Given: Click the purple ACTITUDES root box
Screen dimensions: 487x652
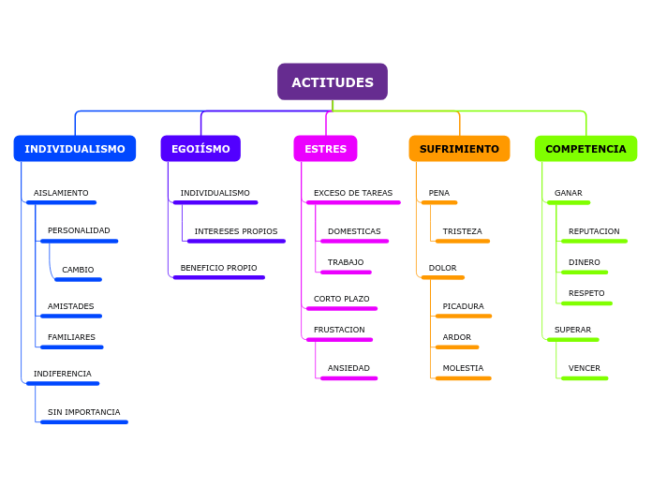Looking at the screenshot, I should (x=332, y=82).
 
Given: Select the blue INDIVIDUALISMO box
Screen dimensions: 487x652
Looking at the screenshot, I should (x=75, y=149).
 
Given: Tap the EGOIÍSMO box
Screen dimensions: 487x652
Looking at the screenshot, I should (x=200, y=149).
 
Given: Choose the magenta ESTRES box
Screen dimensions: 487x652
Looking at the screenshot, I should (x=325, y=149).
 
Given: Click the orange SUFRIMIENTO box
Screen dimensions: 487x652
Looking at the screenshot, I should (x=459, y=149).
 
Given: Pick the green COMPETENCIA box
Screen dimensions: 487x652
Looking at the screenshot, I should (x=585, y=149).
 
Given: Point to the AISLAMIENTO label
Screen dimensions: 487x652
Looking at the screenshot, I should (x=61, y=193).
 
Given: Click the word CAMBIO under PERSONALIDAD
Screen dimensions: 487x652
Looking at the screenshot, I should (x=78, y=270).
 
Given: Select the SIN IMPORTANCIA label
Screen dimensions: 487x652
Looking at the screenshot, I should (x=84, y=412).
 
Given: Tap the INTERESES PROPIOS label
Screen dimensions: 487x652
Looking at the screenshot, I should (x=236, y=231).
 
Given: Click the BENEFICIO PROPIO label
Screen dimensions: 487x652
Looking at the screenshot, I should (x=218, y=268).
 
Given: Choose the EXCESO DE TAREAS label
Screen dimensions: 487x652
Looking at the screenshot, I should (x=353, y=193).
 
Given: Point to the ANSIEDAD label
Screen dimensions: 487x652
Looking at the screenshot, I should (x=348, y=368).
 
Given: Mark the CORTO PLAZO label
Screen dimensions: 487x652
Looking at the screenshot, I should (x=341, y=299).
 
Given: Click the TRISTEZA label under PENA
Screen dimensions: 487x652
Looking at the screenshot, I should (x=462, y=231).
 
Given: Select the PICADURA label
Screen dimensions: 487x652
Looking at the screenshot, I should (x=463, y=306).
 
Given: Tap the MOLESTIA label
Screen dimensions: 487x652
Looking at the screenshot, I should (x=463, y=368).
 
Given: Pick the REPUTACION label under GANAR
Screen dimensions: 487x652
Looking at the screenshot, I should (x=594, y=231).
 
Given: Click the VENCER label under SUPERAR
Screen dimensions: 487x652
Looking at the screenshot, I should (x=585, y=368).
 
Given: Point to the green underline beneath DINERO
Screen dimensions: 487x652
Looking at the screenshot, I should (x=585, y=273).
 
